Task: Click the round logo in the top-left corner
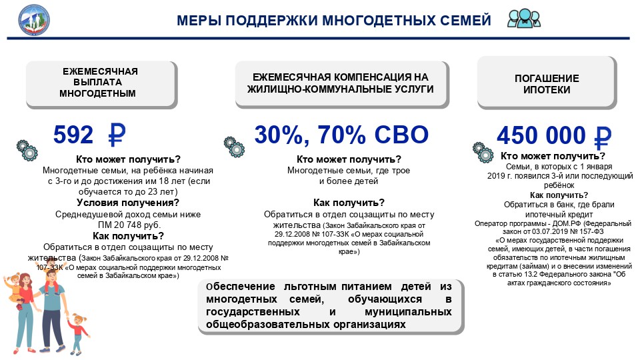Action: point(34,19)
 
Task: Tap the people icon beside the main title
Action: point(524,19)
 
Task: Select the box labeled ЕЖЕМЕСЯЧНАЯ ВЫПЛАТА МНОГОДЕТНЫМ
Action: point(101,84)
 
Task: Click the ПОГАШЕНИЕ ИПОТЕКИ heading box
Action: point(547,83)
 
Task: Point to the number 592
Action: point(73,135)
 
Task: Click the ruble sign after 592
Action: point(117,135)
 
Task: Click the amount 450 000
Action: point(541,135)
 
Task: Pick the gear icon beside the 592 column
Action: point(27,150)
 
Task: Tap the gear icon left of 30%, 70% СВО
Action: point(234,147)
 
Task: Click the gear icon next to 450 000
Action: point(483,152)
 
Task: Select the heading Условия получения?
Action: point(128,203)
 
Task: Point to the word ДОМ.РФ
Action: point(567,223)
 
